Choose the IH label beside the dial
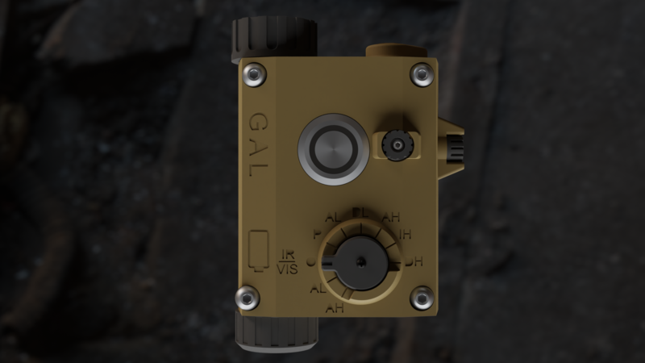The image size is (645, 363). [406, 235]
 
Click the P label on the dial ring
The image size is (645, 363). [316, 234]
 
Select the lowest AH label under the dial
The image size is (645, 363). [335, 307]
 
